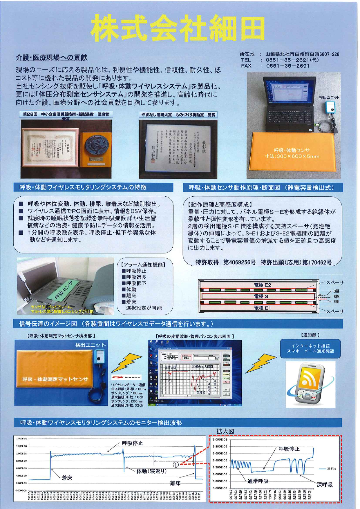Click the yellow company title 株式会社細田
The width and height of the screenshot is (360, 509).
point(178,28)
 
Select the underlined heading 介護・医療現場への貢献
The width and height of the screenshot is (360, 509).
point(51,58)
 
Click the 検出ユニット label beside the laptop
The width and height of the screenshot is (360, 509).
point(329,97)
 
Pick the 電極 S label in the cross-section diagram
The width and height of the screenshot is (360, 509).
point(261,296)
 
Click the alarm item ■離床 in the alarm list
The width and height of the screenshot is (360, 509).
point(129,296)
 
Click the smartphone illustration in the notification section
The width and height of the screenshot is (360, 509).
point(310,384)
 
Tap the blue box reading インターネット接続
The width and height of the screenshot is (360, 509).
point(310,348)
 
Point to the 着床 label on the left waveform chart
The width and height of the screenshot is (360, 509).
point(67,478)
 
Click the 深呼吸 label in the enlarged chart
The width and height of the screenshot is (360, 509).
point(324,484)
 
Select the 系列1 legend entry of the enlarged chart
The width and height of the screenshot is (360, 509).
point(331,469)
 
